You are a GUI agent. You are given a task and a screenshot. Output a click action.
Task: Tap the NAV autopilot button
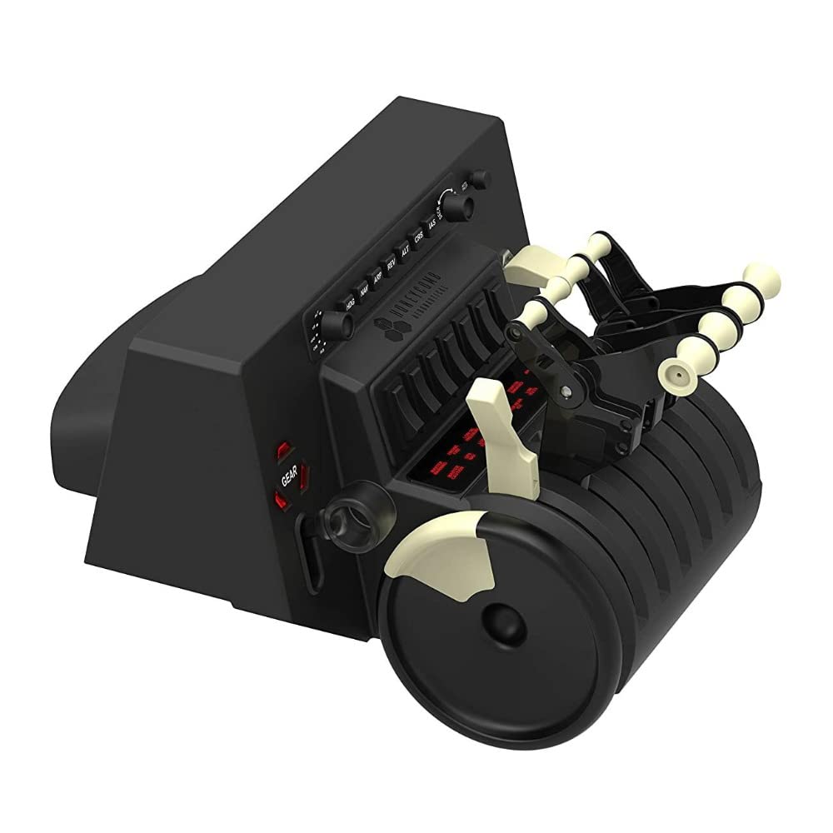[363, 292]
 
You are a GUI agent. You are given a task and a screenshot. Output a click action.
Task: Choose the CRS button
[418, 238]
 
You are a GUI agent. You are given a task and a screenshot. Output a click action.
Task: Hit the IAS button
[431, 226]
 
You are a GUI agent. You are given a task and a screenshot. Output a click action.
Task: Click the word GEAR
[290, 476]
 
